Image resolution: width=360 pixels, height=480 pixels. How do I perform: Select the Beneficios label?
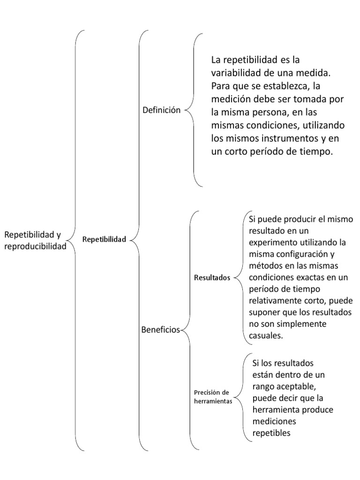(160, 330)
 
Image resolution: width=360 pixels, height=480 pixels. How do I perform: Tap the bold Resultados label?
(212, 277)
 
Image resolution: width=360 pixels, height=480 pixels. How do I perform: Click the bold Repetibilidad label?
(104, 240)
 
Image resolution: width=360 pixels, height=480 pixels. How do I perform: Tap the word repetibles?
(271, 433)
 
